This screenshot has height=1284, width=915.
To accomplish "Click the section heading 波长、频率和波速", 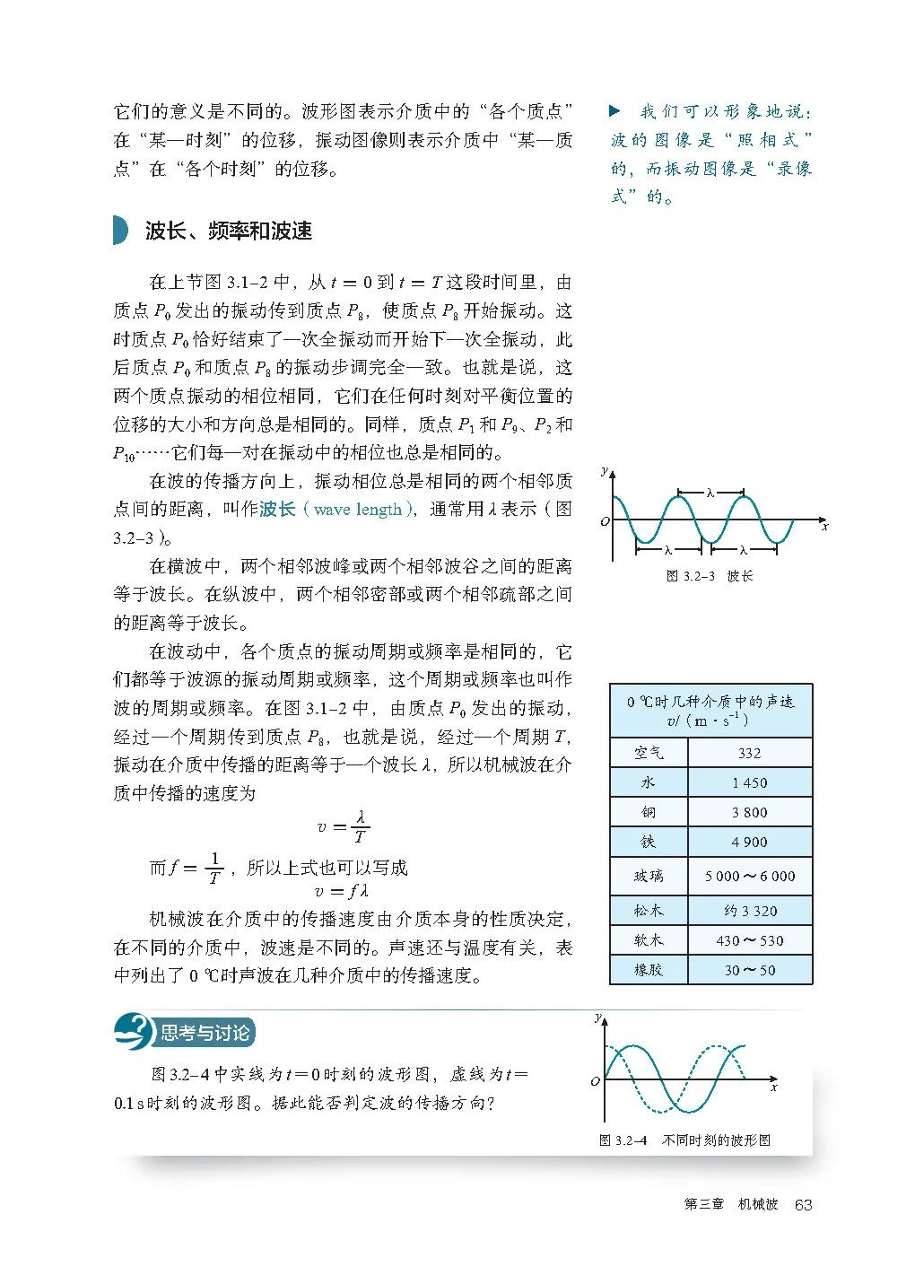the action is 229,231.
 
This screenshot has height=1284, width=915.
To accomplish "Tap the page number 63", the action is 803,1204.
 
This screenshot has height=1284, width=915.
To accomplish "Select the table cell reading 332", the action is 749,753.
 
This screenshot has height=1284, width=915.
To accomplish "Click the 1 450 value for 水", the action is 749,782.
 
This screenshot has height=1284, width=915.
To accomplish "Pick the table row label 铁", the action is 648,842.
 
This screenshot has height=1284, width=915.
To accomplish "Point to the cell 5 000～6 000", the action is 749,876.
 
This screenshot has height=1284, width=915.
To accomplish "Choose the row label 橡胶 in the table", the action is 648,970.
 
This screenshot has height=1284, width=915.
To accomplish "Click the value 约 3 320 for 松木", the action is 749,911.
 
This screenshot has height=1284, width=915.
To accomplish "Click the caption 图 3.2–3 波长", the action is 710,576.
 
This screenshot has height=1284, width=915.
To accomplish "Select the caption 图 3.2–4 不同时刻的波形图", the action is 684,1140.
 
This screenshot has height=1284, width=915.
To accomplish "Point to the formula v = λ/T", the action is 344,826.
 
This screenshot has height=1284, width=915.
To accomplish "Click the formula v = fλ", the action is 343,891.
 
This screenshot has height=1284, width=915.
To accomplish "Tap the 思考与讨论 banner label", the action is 205,1033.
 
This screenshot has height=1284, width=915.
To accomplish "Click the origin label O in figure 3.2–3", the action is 605,521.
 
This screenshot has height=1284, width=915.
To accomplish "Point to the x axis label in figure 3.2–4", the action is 774,1087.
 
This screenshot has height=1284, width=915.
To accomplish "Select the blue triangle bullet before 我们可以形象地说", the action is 614,111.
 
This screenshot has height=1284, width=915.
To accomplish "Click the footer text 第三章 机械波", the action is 730,1204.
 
